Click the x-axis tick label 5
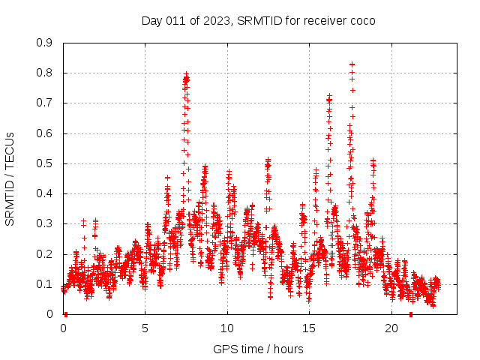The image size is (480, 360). tap(145, 328)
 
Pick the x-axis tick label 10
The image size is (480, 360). tap(227, 328)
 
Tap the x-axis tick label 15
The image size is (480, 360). tap(309, 328)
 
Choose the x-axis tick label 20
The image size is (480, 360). tap(391, 328)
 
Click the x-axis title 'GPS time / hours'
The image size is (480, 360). tap(258, 349)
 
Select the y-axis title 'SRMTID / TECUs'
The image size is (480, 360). tap(10, 178)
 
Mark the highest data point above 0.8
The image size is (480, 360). tap(352, 64)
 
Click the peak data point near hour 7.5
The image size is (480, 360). tap(187, 74)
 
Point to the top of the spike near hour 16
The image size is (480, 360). tap(329, 96)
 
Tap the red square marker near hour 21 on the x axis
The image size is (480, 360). tap(410, 314)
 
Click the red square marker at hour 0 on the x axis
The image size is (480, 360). tap(65, 314)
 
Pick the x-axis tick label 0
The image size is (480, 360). tap(64, 328)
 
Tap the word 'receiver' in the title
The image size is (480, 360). tap(324, 20)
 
